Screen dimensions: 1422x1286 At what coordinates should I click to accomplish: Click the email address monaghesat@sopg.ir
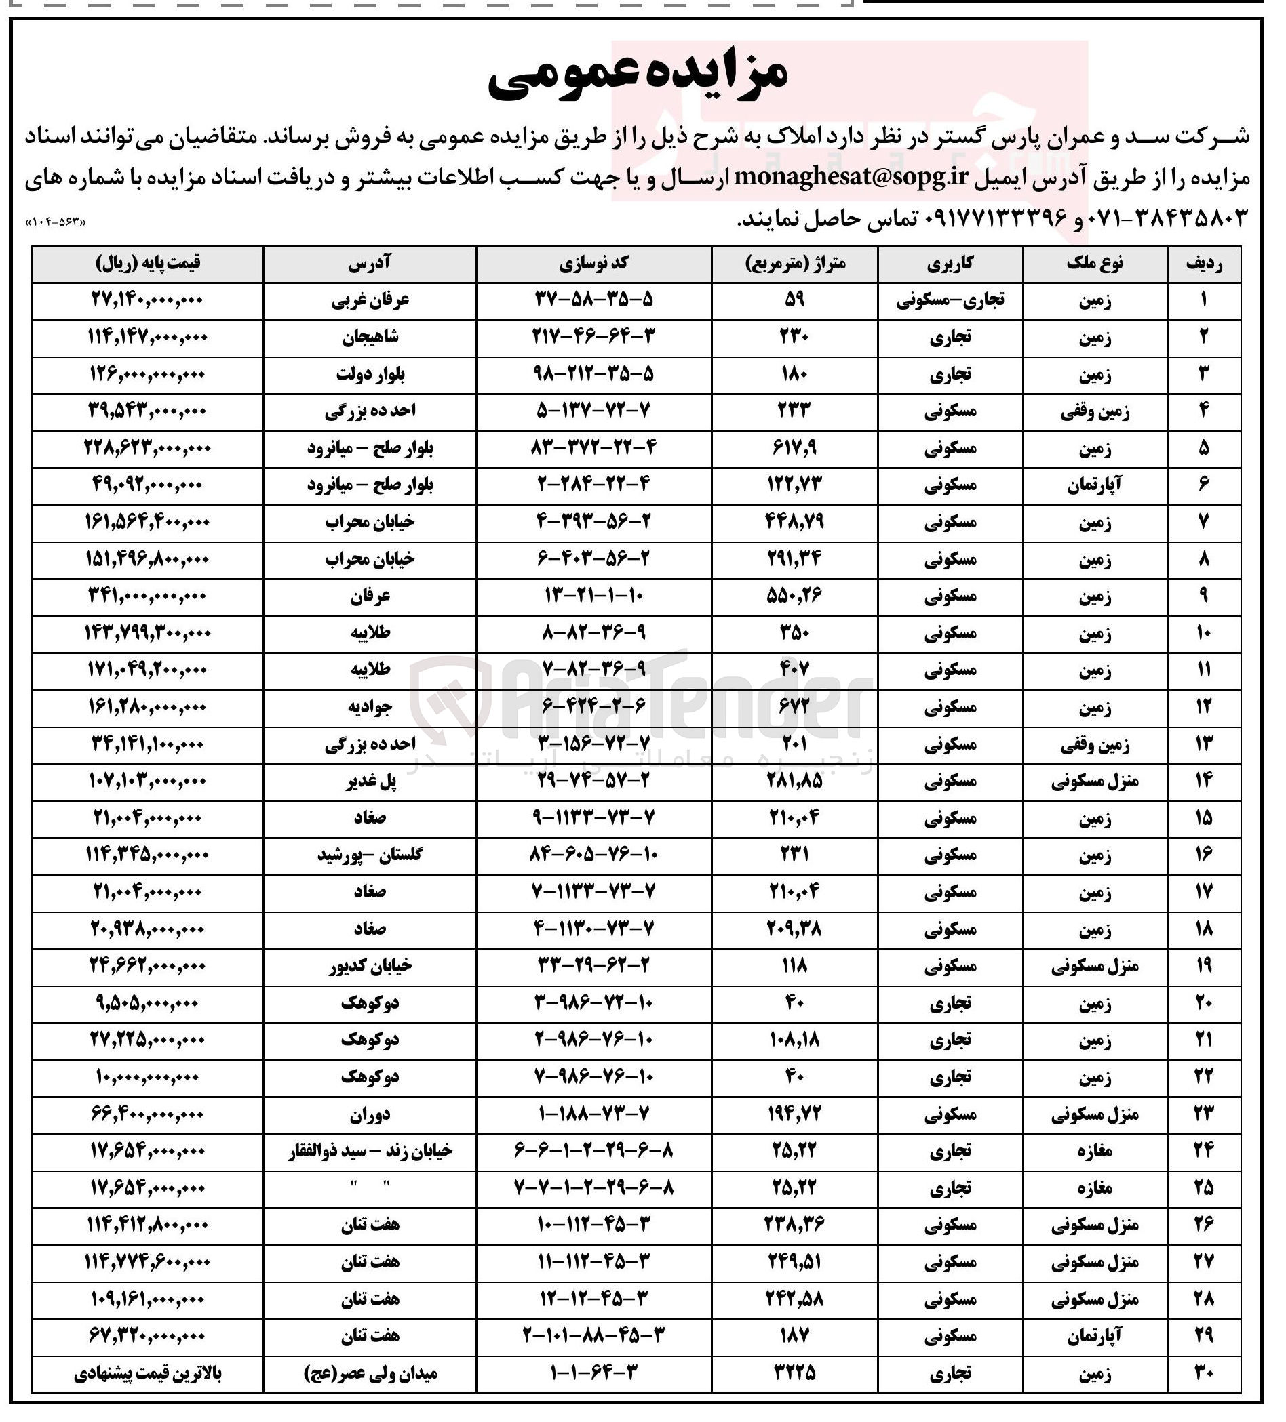(x=830, y=176)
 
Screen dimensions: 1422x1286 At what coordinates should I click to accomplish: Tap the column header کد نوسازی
(x=593, y=264)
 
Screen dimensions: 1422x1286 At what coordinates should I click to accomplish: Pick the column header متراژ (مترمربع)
(x=795, y=264)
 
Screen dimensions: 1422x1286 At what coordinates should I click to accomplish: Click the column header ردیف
(x=1203, y=264)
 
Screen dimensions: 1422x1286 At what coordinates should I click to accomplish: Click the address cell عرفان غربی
(x=370, y=301)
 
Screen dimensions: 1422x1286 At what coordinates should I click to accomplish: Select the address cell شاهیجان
(x=370, y=338)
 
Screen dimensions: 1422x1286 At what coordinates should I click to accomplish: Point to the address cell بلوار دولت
(x=370, y=375)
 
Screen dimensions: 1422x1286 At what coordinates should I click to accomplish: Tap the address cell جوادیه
(x=370, y=707)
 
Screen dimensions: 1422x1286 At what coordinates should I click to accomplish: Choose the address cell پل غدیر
(x=370, y=781)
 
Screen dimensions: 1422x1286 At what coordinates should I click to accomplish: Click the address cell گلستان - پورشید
(x=370, y=855)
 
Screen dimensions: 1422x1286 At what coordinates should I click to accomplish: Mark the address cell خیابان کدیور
(x=370, y=966)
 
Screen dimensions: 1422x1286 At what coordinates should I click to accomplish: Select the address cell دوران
(x=370, y=1114)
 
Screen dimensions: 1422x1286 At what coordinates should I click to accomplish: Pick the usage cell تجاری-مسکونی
(x=950, y=301)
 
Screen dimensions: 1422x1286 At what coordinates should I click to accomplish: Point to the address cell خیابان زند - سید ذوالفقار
(x=370, y=1151)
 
